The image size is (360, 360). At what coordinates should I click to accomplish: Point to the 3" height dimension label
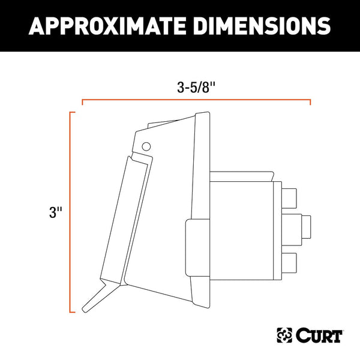click(x=55, y=212)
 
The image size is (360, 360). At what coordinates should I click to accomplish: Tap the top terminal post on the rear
click(x=289, y=197)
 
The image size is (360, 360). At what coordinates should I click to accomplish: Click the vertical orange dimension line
click(x=71, y=212)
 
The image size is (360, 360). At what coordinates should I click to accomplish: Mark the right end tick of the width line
click(x=310, y=103)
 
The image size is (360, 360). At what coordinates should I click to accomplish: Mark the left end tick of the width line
click(x=83, y=103)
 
